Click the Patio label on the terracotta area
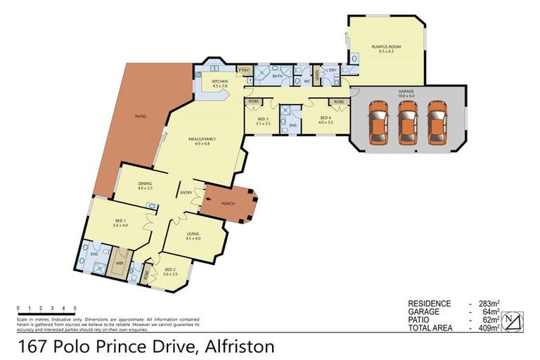(x=141, y=116)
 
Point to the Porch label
(x=228, y=204)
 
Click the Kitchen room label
(x=213, y=84)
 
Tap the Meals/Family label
(x=198, y=141)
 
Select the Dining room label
(x=145, y=186)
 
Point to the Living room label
(x=193, y=235)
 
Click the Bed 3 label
(x=263, y=120)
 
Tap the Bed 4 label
(x=325, y=120)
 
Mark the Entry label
(x=186, y=193)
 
